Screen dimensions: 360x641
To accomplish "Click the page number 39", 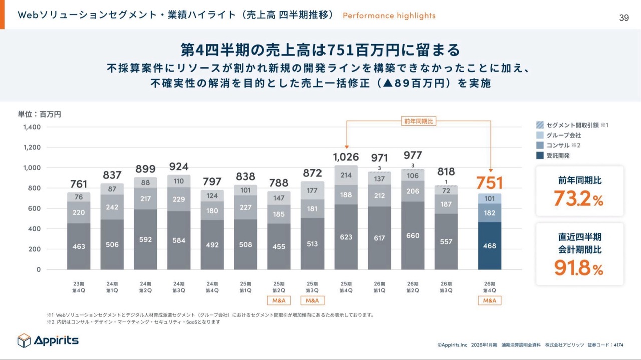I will [624, 18].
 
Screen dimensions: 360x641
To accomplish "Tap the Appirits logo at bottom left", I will [48, 340].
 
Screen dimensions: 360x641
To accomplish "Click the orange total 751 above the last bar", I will [489, 183].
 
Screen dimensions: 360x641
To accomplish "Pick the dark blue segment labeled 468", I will [489, 246].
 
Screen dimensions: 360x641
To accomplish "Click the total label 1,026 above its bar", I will [346, 157].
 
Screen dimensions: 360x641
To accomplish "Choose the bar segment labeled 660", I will [413, 235].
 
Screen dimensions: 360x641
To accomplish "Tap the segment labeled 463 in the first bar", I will [79, 246].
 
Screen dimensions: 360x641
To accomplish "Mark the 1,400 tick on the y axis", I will [31, 127].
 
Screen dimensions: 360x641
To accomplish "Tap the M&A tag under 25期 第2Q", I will [279, 301].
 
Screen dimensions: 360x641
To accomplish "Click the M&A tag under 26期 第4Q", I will [489, 301].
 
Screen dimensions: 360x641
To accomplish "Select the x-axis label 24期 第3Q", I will [179, 287].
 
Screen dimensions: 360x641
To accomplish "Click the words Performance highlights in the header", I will [389, 16].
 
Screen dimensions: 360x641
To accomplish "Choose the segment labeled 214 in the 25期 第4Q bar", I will [346, 175].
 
